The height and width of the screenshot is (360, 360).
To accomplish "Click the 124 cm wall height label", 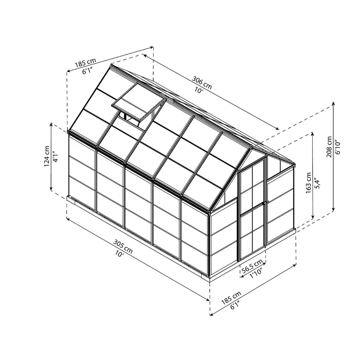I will point(46,155).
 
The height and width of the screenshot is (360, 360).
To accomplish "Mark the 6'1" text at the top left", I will point(87,71).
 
